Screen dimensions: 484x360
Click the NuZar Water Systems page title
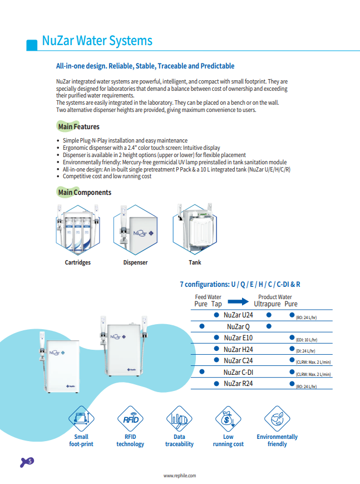pyautogui.click(x=97, y=41)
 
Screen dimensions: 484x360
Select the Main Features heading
pyautogui.click(x=78, y=127)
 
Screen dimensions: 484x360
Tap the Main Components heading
pyautogui.click(x=84, y=193)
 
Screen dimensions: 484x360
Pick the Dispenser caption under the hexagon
pyautogui.click(x=135, y=262)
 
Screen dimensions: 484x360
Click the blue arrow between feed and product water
pyautogui.click(x=238, y=301)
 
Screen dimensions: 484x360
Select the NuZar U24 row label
pyautogui.click(x=239, y=315)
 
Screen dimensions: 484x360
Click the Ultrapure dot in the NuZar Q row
pyautogui.click(x=269, y=327)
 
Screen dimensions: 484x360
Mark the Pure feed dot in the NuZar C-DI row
pyautogui.click(x=202, y=372)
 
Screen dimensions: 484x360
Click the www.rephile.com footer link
pyautogui.click(x=180, y=476)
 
